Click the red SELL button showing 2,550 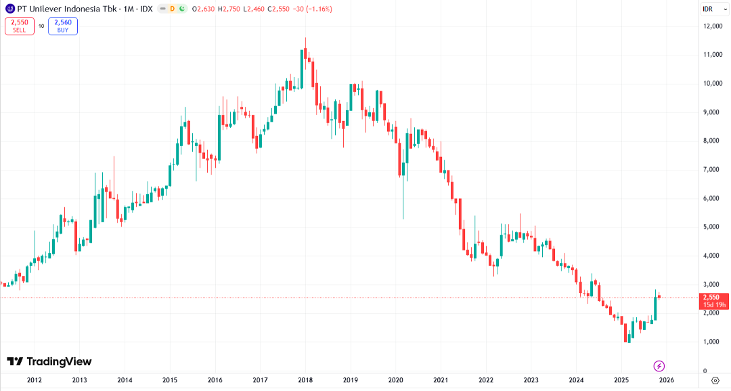click(19, 26)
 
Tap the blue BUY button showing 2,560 click(63, 26)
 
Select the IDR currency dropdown click(711, 8)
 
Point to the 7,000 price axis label click(713, 169)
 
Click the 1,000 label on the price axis click(713, 342)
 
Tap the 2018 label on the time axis click(305, 380)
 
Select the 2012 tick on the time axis click(35, 380)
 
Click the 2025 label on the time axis click(621, 380)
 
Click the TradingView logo click(49, 362)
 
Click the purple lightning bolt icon click(659, 366)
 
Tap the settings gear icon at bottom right click(715, 380)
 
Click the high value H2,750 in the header click(230, 9)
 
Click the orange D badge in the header click(172, 9)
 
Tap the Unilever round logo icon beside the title click(9, 9)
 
